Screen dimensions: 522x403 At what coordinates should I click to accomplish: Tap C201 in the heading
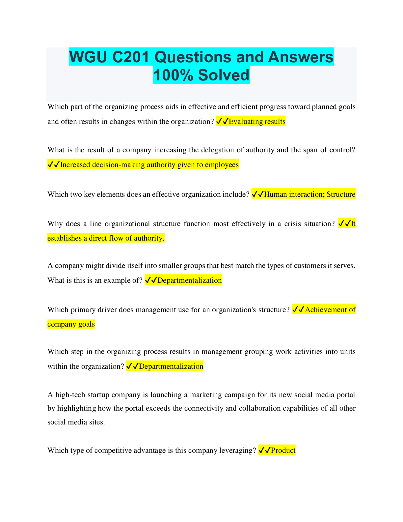pos(131,57)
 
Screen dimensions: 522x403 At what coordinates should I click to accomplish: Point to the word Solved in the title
pos(224,75)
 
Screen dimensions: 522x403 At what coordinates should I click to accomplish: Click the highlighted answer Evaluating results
pos(257,122)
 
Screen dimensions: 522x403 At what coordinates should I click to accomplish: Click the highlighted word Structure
pos(341,194)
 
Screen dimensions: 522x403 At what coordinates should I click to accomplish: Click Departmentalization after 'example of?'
pos(189,280)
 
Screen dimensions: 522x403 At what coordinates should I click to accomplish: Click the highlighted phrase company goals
pos(71,324)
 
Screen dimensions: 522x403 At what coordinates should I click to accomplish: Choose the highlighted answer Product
pos(283,450)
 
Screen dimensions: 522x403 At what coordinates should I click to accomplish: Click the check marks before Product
pos(264,450)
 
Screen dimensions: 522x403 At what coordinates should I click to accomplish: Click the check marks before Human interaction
pos(257,194)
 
